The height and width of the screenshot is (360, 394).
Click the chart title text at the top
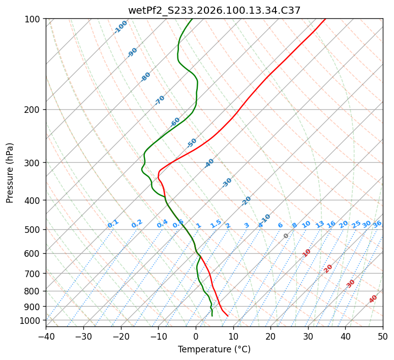pos(214,10)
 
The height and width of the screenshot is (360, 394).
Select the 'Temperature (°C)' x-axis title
pos(214,350)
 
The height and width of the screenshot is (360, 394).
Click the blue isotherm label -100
pos(120,27)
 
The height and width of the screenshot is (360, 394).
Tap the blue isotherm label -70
pos(160,100)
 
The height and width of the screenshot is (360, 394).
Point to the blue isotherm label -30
pos(227,183)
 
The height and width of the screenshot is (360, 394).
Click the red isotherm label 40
pos(373,299)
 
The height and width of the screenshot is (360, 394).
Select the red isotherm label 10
pos(307,253)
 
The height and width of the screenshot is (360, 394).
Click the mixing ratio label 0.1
pos(113,224)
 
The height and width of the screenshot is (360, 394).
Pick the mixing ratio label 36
pos(377,224)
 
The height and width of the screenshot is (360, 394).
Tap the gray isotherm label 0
pos(286,236)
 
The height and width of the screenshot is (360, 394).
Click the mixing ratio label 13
pos(320,224)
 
